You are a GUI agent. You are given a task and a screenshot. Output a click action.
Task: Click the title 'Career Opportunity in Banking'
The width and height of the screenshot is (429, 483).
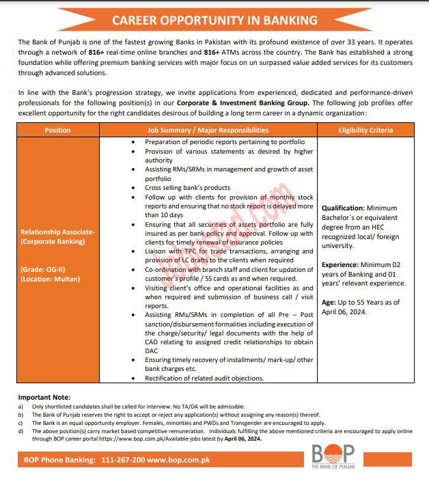pos(214,20)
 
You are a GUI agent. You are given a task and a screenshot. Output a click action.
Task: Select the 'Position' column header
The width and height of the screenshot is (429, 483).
pos(57,130)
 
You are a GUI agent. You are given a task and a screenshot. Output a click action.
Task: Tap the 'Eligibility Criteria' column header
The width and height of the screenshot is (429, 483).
pos(366,130)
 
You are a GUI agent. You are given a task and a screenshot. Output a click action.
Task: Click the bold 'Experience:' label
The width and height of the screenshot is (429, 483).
pos(342,264)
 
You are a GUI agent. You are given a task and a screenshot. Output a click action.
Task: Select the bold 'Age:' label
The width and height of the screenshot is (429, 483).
pos(329,301)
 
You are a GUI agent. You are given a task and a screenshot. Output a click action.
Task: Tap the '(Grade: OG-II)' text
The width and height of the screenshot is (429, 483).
pos(43,269)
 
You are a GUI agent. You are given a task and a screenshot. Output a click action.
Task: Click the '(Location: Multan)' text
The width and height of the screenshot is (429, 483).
pos(51,279)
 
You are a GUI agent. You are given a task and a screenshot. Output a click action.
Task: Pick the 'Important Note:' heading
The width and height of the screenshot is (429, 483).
pos(44,397)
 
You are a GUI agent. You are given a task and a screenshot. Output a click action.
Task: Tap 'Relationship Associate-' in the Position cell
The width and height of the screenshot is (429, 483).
pos(58,232)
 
